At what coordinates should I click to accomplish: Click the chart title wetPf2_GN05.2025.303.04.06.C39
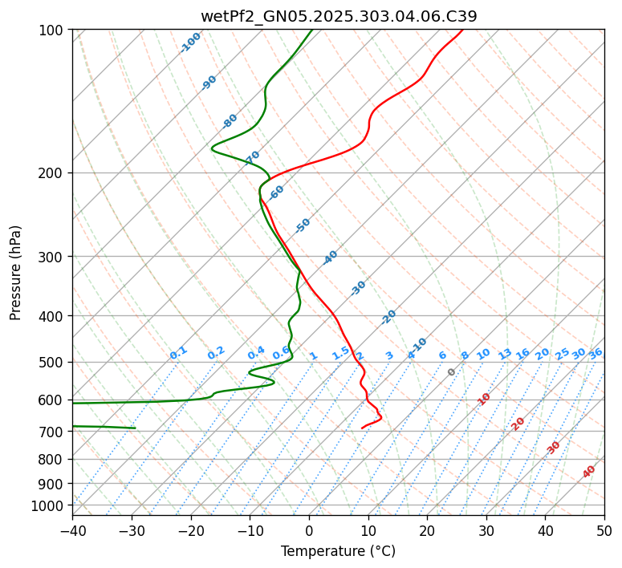(338, 16)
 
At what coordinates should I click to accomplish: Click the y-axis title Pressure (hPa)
(16, 273)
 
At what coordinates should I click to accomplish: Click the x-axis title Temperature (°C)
(338, 551)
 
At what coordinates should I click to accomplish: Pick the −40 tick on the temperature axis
(72, 530)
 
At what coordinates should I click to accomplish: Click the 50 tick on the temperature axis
(604, 530)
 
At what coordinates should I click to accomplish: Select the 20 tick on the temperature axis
(427, 530)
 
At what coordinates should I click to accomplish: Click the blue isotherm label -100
(190, 43)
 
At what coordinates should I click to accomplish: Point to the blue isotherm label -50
(303, 225)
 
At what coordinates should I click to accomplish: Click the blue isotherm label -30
(358, 288)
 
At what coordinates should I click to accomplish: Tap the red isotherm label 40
(589, 472)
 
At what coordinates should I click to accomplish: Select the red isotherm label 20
(518, 423)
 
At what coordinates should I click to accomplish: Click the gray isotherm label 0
(452, 372)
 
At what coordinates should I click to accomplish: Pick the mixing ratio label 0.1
(178, 352)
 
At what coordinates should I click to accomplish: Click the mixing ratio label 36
(596, 353)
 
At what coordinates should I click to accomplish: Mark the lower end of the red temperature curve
(362, 428)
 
